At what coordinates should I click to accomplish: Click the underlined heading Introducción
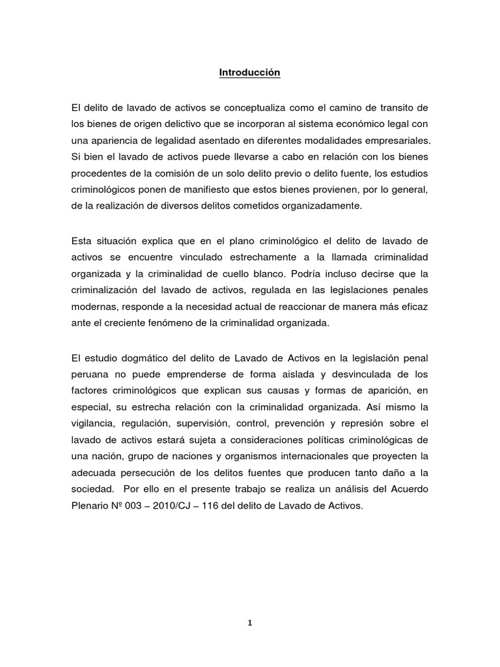tap(249, 73)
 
